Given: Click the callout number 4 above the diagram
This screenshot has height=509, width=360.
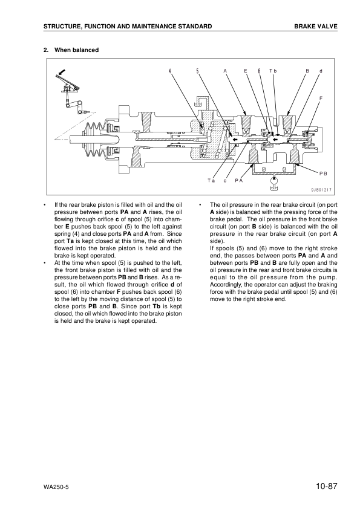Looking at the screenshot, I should coord(170,71).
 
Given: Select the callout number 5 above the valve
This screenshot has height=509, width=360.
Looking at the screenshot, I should coord(197,71).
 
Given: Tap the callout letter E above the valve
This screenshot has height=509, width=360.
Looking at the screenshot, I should coord(246,71).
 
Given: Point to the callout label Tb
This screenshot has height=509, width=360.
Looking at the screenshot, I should coord(273,71).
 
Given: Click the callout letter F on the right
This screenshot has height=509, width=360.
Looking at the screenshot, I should coord(321,97).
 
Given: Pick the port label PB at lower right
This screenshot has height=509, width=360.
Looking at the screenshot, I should coord(322,173).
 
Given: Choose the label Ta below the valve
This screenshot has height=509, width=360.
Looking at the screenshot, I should coord(211,180).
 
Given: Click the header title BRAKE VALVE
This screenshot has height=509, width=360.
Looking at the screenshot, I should coord(316,27).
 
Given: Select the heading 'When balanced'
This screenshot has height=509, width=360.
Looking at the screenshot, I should coord(77,50).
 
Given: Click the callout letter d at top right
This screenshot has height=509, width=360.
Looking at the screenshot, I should coord(321,71).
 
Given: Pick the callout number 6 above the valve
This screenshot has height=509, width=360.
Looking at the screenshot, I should coord(258,71).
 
